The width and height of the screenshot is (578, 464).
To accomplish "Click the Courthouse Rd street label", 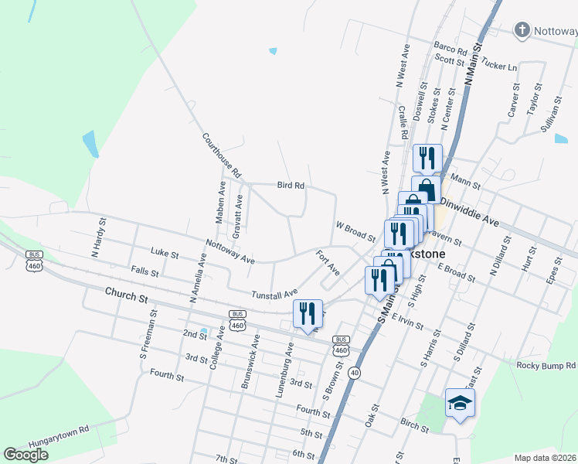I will [x=222, y=153].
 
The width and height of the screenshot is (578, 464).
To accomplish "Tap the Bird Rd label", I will [x=291, y=186].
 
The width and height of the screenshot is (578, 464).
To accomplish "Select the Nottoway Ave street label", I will [x=230, y=252].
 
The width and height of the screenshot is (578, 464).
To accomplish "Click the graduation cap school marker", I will [x=460, y=403].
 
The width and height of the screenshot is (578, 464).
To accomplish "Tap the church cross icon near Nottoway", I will [x=522, y=31].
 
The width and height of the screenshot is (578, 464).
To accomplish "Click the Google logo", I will [x=25, y=455].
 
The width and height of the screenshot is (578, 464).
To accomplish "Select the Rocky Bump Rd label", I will [x=546, y=364].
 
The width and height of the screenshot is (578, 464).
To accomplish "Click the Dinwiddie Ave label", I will [x=469, y=210].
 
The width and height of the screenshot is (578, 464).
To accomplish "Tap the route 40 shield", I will [x=354, y=373].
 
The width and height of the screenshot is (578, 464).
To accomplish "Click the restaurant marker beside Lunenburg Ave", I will [x=308, y=313].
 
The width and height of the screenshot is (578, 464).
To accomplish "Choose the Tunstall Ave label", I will [x=274, y=294].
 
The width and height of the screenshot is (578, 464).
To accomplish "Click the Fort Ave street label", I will [x=328, y=263].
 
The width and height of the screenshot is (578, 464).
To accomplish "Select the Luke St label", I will [x=165, y=253].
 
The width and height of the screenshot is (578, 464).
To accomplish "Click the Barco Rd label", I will [x=450, y=50].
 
